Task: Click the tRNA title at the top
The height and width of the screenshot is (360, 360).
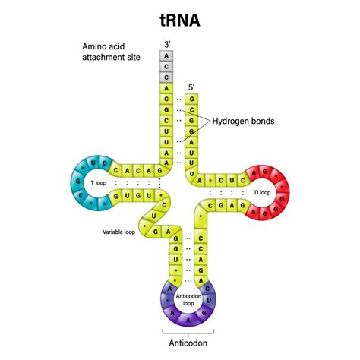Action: coord(179,18)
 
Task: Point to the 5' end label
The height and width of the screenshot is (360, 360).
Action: coord(192,87)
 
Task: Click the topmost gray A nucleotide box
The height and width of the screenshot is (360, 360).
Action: coord(166,55)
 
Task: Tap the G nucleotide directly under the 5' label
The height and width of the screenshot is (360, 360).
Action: coord(192,99)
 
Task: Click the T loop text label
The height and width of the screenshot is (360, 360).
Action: coord(99,183)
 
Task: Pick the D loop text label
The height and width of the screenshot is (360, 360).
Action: coord(262,192)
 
